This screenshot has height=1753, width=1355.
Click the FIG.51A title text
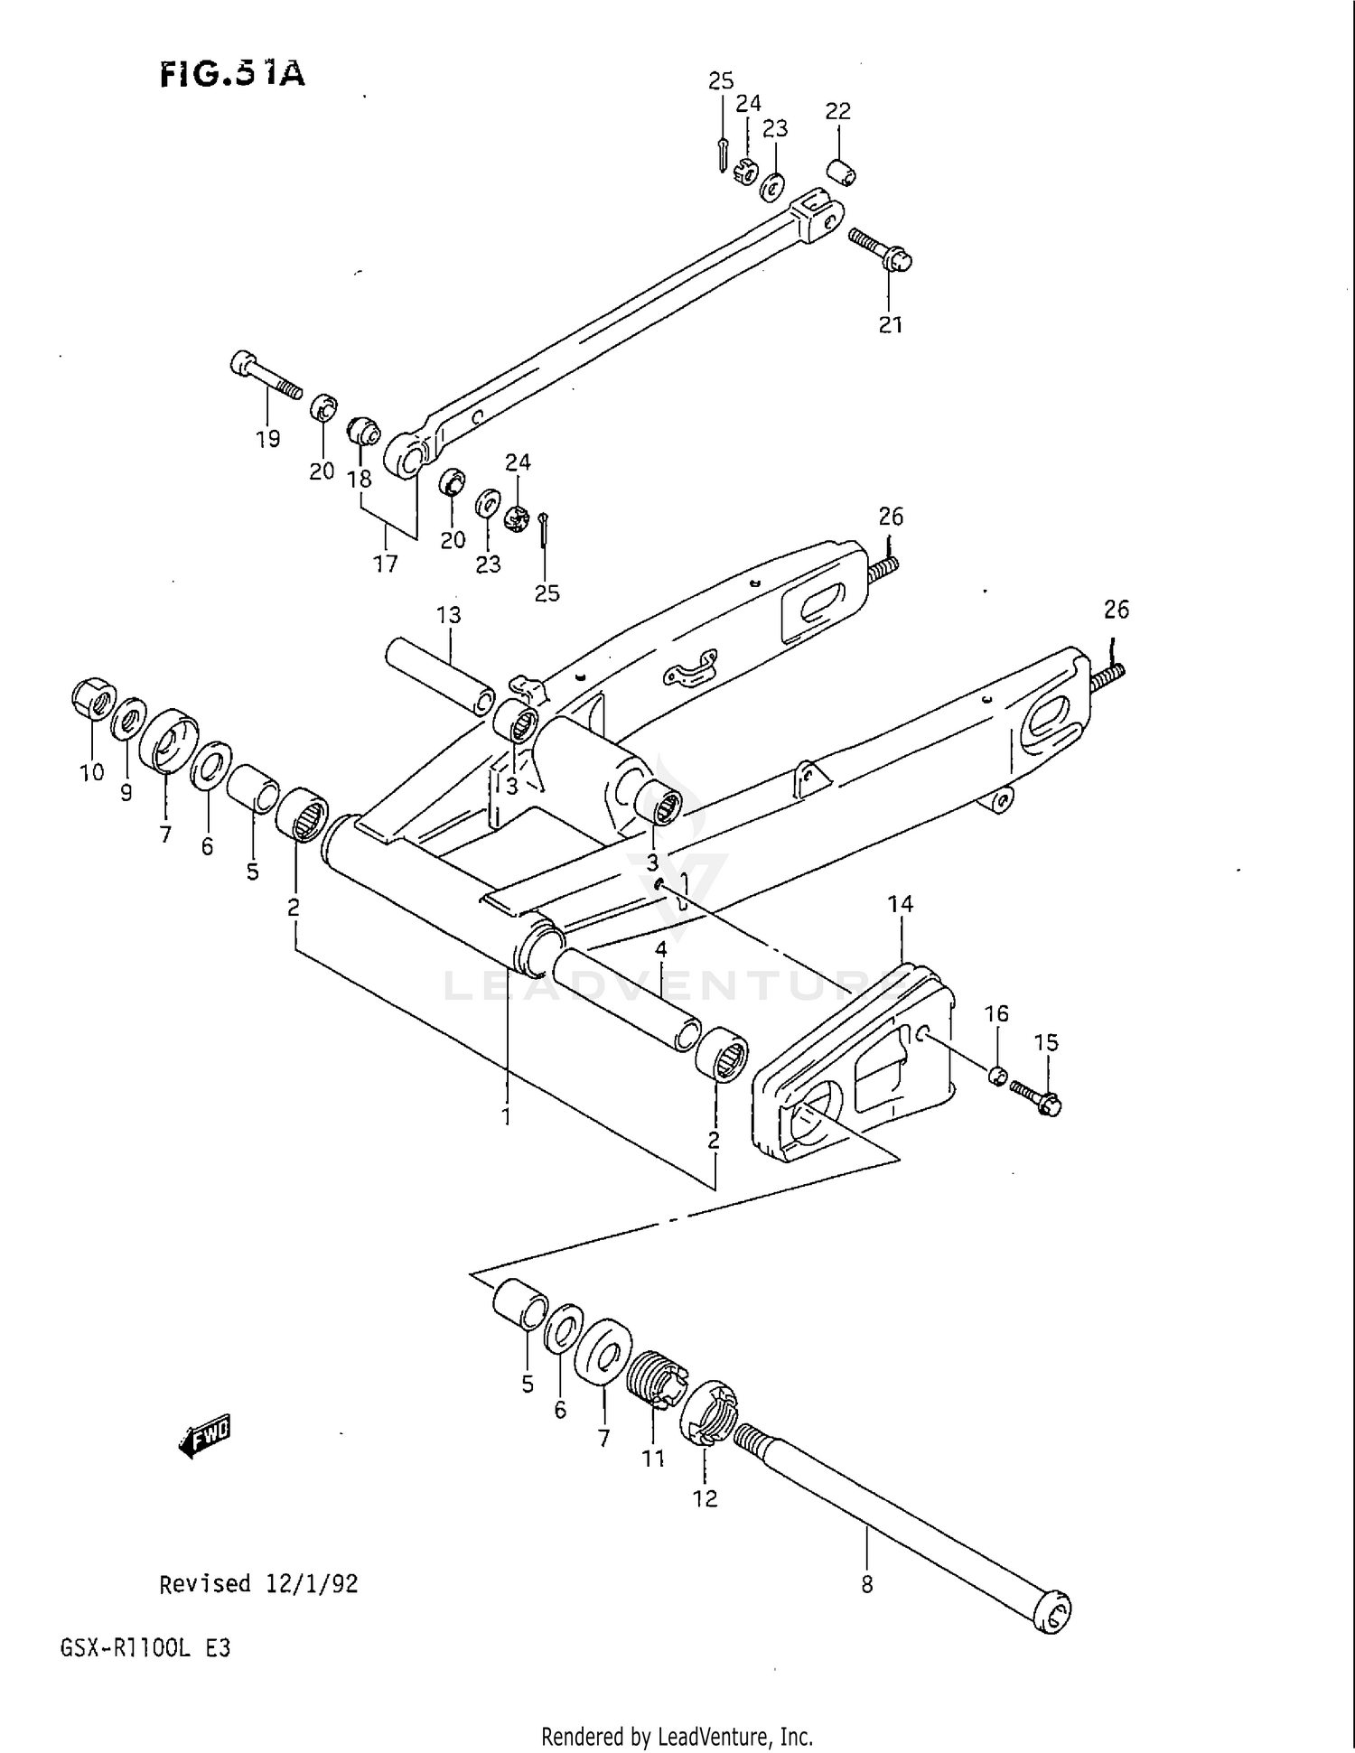click(x=232, y=74)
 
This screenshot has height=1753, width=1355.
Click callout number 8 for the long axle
click(x=866, y=1584)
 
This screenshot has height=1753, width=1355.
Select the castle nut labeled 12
click(x=711, y=1415)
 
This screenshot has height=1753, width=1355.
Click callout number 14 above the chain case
click(x=900, y=904)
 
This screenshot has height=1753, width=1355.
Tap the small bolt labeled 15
click(x=1036, y=1096)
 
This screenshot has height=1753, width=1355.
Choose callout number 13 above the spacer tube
click(x=448, y=615)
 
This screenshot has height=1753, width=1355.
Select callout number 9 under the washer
click(x=126, y=793)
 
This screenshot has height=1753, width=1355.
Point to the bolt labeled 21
click(x=881, y=249)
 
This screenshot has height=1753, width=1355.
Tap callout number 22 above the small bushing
click(x=837, y=111)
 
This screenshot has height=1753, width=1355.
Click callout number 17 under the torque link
click(x=386, y=564)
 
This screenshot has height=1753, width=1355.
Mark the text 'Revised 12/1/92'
click(x=258, y=1584)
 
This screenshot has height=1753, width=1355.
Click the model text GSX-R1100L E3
click(x=145, y=1648)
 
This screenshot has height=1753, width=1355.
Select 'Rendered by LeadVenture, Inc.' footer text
click(x=677, y=1736)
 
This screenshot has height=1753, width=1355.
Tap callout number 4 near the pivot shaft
click(x=661, y=949)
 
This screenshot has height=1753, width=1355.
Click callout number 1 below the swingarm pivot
click(x=507, y=1117)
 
